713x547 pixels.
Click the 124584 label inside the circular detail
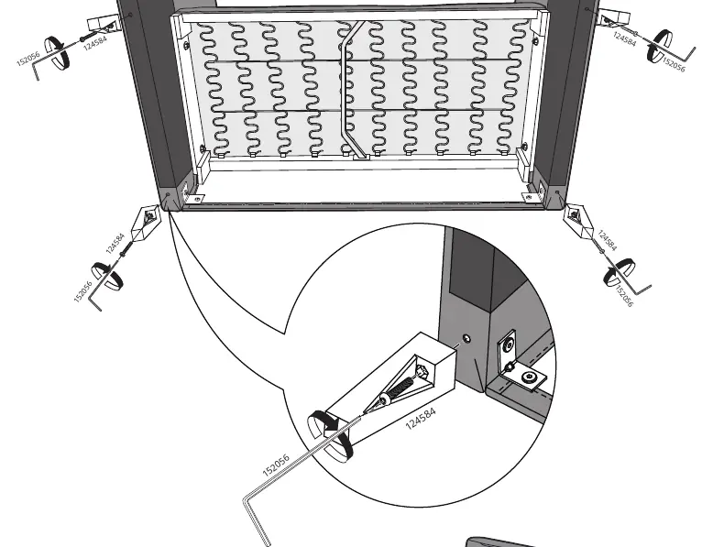click(x=421, y=419)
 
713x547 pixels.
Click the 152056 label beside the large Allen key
click(x=276, y=465)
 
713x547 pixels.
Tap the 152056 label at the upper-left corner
click(x=28, y=59)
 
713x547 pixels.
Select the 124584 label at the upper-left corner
click(x=95, y=43)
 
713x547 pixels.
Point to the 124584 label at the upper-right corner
click(x=625, y=38)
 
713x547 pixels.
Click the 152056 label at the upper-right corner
click(x=674, y=64)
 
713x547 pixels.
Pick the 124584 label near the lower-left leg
click(x=115, y=244)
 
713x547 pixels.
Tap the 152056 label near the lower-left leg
click(x=82, y=291)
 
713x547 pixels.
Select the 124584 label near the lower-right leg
click(x=607, y=241)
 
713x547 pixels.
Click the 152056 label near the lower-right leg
click(x=623, y=297)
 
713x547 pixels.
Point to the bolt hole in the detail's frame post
click(x=466, y=338)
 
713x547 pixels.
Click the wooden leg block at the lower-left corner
click(x=146, y=222)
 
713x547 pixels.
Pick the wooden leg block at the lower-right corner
click(x=578, y=221)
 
